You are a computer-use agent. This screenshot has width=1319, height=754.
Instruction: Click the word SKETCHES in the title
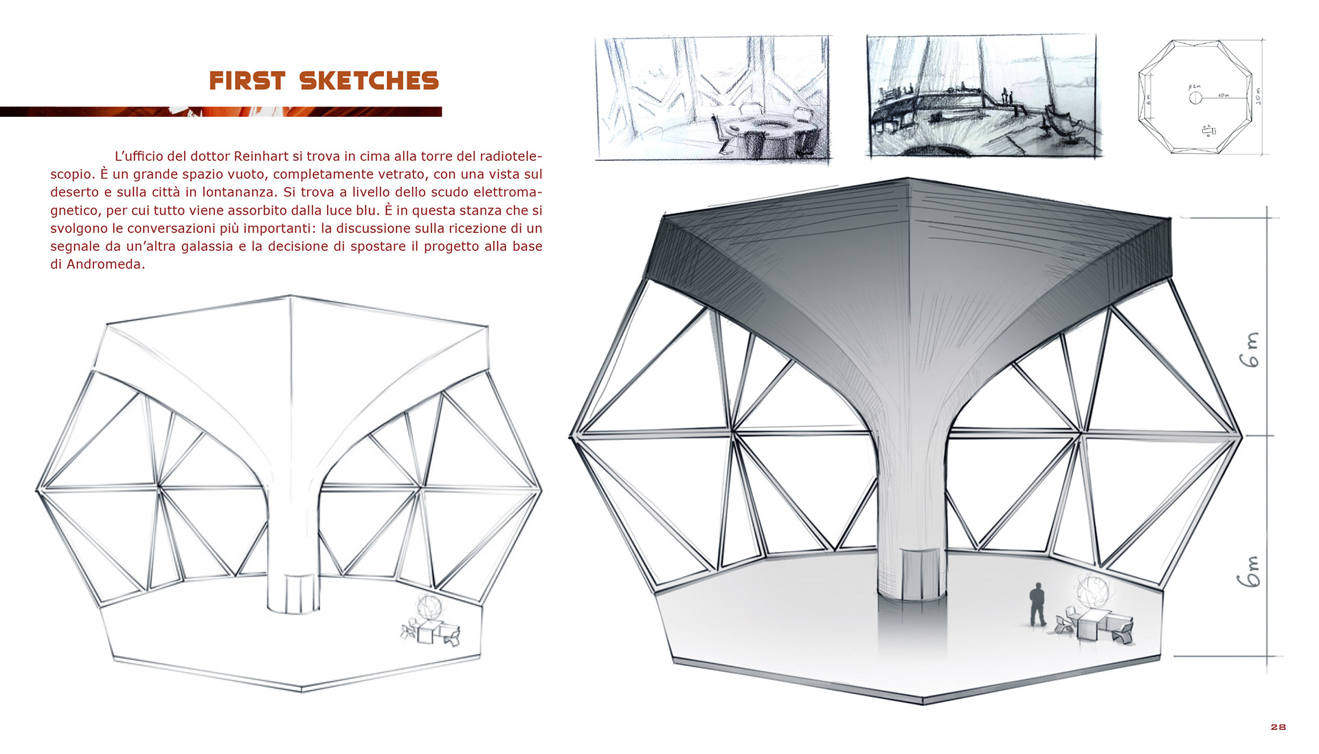tap(369, 81)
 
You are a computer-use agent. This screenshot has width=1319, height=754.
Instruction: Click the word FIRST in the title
tap(247, 81)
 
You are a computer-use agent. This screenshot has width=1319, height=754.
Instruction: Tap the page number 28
tap(1278, 727)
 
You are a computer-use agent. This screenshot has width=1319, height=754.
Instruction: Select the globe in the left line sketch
tap(429, 607)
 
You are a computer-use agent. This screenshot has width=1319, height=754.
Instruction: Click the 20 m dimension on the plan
tap(1259, 96)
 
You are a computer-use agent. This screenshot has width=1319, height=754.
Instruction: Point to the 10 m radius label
tap(1223, 96)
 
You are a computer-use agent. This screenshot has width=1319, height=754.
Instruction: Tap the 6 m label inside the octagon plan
tap(1149, 98)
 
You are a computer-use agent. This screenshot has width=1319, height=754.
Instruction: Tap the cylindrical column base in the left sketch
tap(293, 592)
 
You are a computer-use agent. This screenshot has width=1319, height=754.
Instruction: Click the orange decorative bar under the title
tap(220, 111)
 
